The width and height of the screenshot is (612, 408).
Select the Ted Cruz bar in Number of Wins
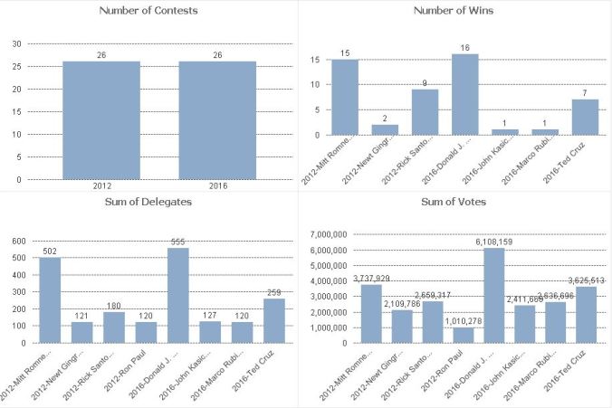[x=585, y=117]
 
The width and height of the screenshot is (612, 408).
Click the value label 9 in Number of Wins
[x=425, y=82]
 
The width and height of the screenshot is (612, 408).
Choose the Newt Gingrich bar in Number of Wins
[x=385, y=130]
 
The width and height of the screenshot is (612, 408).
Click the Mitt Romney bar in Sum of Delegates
[x=50, y=300]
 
